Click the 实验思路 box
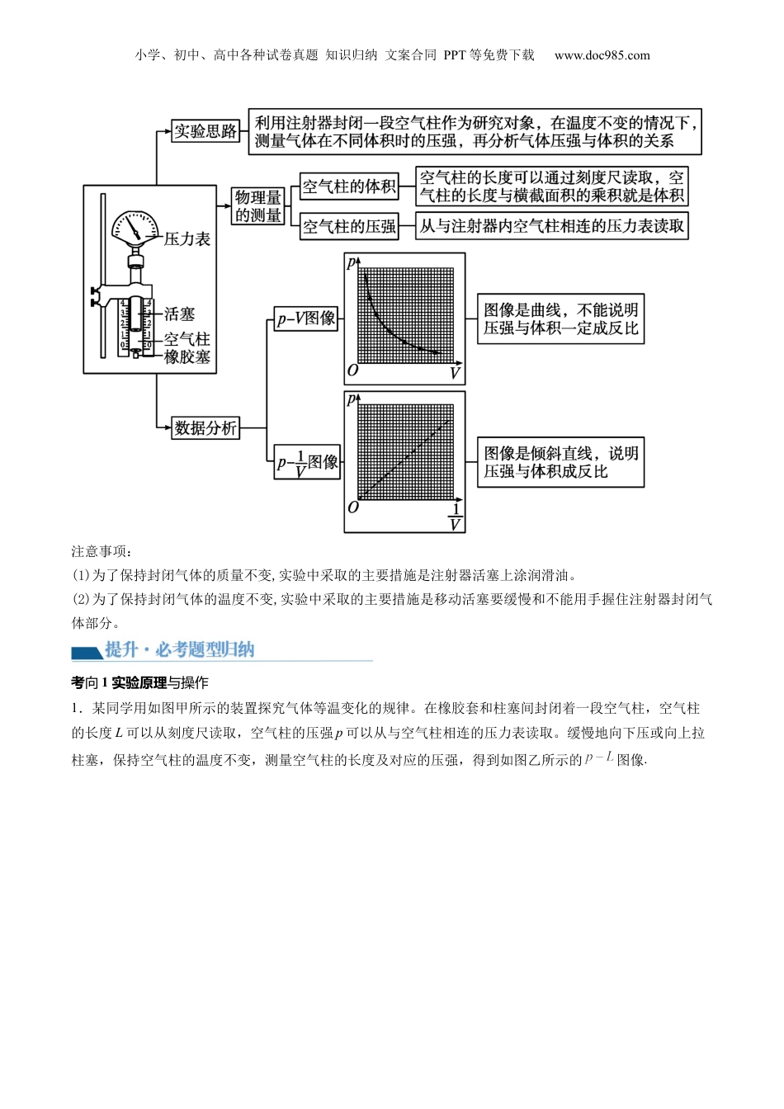(205, 131)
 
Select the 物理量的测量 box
(258, 206)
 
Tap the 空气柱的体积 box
(349, 186)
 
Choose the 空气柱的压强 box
(349, 226)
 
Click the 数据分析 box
(205, 427)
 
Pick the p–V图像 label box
(306, 319)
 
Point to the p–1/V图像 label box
(307, 463)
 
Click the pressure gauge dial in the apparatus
(135, 228)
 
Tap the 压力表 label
(187, 239)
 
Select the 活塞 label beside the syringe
(179, 314)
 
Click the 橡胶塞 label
(187, 356)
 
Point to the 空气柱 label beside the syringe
(187, 339)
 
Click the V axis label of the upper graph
(455, 374)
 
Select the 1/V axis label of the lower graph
(455, 517)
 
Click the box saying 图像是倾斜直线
(560, 462)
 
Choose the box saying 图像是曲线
(560, 319)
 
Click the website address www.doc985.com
(602, 55)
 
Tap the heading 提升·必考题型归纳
(179, 649)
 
